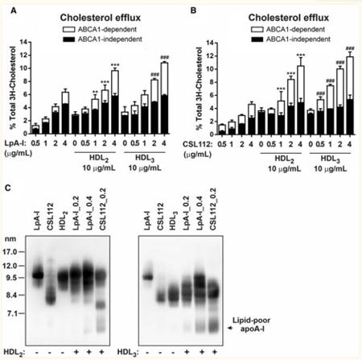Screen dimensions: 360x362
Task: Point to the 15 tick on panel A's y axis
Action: tap(22, 31)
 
